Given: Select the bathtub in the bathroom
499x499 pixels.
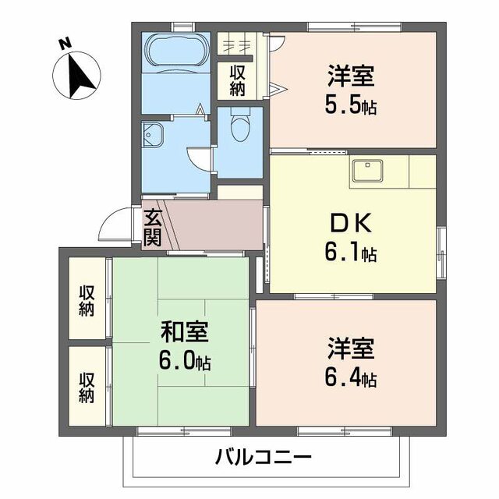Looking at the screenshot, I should tap(176, 53).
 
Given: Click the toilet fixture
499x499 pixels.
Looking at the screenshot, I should tap(240, 124).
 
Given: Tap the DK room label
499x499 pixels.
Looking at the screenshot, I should tap(351, 225).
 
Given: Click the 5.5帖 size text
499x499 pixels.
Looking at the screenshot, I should tap(351, 104).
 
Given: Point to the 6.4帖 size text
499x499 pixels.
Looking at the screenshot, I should tap(351, 379).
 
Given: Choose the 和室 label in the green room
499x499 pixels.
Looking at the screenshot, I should tap(185, 332).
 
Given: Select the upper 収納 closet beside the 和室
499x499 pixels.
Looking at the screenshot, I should tap(86, 300).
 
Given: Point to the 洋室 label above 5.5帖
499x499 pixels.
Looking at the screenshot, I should tap(351, 77).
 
